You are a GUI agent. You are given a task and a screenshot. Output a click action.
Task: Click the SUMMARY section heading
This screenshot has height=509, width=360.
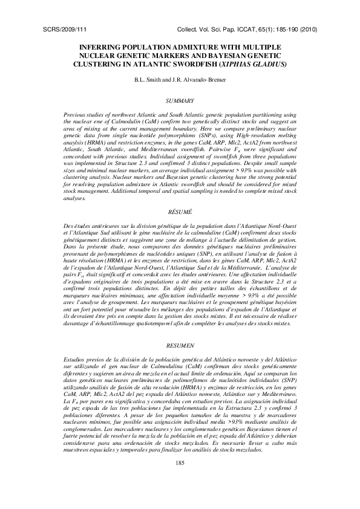point(179,100)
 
